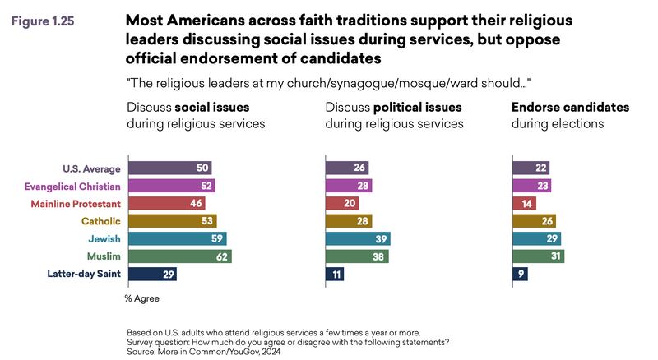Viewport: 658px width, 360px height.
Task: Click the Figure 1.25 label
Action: coord(42,22)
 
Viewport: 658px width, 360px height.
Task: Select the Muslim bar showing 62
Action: coord(179,256)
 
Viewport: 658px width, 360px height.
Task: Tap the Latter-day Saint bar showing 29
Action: coord(152,275)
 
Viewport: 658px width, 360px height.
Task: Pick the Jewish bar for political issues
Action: coord(358,238)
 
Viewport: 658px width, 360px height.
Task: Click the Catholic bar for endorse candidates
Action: coord(534,220)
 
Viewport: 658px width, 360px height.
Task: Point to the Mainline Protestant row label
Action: coord(76,203)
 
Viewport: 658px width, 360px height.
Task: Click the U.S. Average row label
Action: coord(93,168)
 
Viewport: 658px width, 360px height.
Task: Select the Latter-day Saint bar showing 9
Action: coord(520,275)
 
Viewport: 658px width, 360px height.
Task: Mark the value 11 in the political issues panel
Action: coord(338,275)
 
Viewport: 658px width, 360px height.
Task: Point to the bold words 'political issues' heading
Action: coord(418,107)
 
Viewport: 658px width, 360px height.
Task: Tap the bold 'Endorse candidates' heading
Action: coord(570,107)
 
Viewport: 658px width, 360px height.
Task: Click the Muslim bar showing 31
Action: coord(538,256)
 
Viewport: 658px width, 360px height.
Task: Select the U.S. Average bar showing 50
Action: coord(169,168)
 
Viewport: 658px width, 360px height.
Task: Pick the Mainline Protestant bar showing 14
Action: coord(524,203)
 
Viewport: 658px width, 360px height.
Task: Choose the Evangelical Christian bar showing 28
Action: coord(349,186)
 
